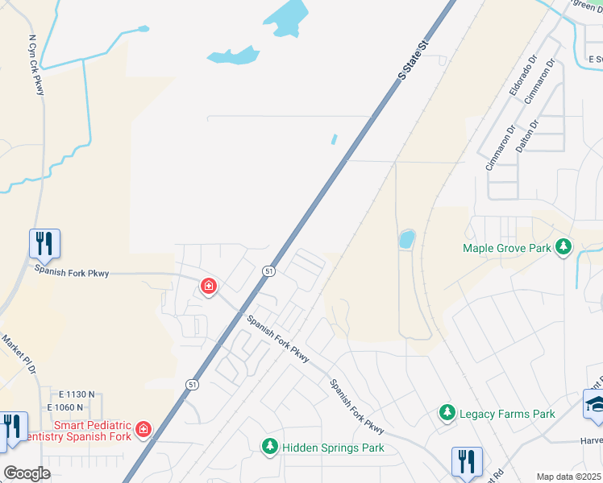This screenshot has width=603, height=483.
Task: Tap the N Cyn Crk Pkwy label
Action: coord(35,64)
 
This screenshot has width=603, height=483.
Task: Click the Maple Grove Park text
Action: coord(507,248)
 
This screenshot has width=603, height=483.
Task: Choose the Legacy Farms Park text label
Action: coord(507,414)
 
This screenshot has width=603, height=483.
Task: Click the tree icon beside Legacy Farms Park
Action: coord(447,412)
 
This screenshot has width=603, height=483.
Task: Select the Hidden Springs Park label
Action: coord(332,447)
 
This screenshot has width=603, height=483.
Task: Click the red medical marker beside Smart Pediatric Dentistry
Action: coord(143,429)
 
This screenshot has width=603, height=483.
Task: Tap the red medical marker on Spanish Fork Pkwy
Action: coord(209,286)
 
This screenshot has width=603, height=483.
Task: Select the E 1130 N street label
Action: coord(77,394)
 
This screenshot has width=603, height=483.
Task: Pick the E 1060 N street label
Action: coord(77,407)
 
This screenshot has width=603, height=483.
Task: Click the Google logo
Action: coord(27,473)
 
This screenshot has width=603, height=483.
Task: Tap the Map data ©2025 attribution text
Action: coord(568,477)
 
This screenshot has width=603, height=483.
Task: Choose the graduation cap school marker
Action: coord(595,404)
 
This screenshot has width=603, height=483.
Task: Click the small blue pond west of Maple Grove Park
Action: coord(406,239)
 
